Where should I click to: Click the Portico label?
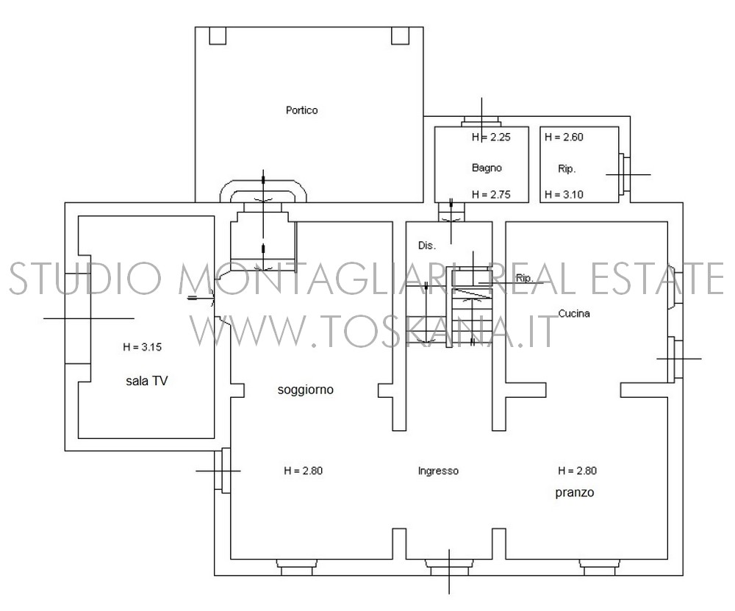pos(302,110)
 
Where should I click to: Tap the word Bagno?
pos(487,168)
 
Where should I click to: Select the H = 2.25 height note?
pos(491,137)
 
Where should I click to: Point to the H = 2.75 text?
pos(491,194)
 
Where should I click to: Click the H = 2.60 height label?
pos(564,137)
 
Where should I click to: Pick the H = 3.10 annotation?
pos(564,194)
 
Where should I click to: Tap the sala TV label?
pos(147,381)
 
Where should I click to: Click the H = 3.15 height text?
pos(142,347)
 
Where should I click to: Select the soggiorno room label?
pos(306,390)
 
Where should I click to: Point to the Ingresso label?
pos(438,471)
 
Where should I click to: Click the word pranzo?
pos(575,493)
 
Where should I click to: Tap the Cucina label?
pos(574,313)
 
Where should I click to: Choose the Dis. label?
pos(427,246)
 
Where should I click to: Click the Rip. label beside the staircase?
pos(525,278)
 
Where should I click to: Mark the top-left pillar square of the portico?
pos(218,35)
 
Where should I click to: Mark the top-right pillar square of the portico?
pos(401,35)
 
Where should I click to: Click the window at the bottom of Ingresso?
pos(449,567)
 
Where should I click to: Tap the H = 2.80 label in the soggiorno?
pos(304,471)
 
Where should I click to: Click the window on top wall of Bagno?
pos(481,121)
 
